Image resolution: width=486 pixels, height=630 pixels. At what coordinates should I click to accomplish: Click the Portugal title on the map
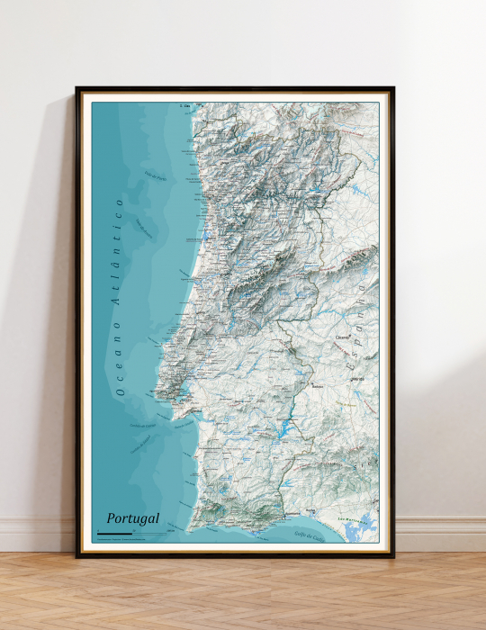coord(132,518)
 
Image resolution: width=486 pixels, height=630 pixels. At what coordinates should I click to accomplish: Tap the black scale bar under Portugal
coord(113,535)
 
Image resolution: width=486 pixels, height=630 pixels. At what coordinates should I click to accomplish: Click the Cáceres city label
coord(342,338)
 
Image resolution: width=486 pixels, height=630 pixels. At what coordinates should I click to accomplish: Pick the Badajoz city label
coord(317,387)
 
